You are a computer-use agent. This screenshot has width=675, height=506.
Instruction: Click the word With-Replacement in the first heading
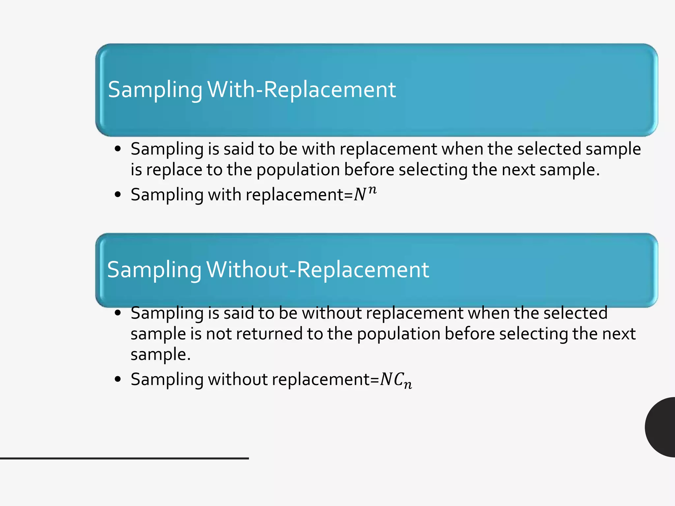(x=301, y=89)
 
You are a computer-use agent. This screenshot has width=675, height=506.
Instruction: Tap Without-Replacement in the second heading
(x=318, y=269)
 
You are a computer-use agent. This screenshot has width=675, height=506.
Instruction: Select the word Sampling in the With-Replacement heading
(x=155, y=90)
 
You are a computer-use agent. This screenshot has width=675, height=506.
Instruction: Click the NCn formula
(x=396, y=380)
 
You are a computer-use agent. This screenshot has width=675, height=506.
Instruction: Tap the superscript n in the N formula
(x=372, y=190)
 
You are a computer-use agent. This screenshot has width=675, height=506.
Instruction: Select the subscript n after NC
(x=408, y=384)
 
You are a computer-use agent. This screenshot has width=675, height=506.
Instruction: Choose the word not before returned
(x=219, y=333)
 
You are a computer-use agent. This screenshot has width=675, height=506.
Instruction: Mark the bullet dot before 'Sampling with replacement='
(x=118, y=194)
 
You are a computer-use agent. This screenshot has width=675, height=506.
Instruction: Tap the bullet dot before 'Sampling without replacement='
(x=118, y=379)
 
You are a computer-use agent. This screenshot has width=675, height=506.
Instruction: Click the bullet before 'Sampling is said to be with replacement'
(x=118, y=149)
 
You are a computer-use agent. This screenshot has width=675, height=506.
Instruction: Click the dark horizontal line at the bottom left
(x=124, y=458)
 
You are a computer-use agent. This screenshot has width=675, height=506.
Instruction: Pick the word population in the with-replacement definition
(x=298, y=170)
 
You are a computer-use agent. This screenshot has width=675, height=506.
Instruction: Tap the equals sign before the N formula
(x=349, y=195)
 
